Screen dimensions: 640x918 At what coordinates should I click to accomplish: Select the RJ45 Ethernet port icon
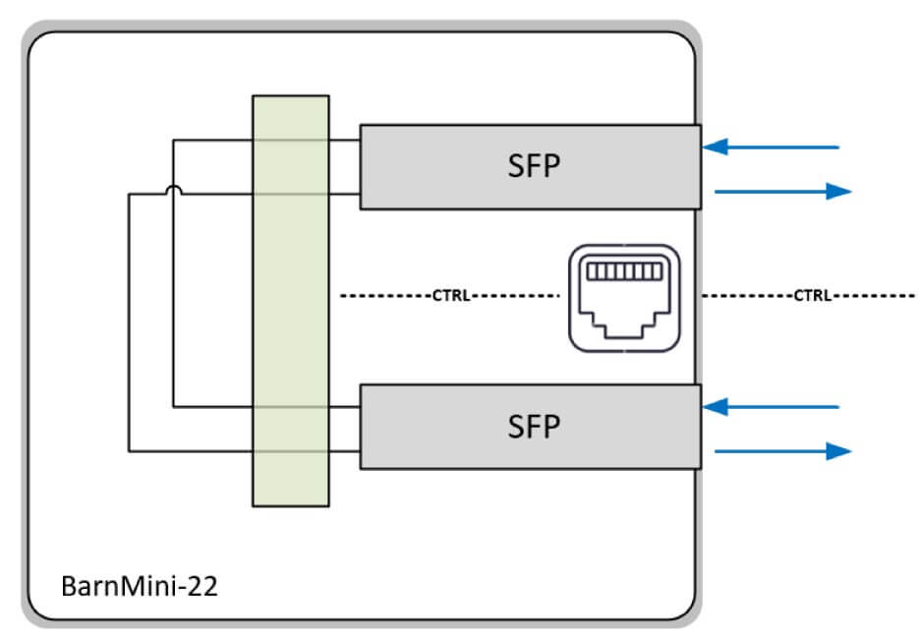pyautogui.click(x=623, y=297)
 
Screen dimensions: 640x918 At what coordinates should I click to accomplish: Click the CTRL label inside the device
pyautogui.click(x=449, y=295)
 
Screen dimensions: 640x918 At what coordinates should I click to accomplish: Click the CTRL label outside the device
pyautogui.click(x=813, y=295)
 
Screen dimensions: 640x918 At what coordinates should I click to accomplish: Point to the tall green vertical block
pyautogui.click(x=291, y=300)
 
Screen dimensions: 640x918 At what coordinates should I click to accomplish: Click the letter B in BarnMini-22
pyautogui.click(x=70, y=588)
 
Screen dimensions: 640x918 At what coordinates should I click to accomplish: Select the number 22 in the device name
pyautogui.click(x=203, y=588)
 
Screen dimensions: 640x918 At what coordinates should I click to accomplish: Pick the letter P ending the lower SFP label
pyautogui.click(x=550, y=426)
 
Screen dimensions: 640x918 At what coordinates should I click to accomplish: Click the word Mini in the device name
pyautogui.click(x=150, y=588)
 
